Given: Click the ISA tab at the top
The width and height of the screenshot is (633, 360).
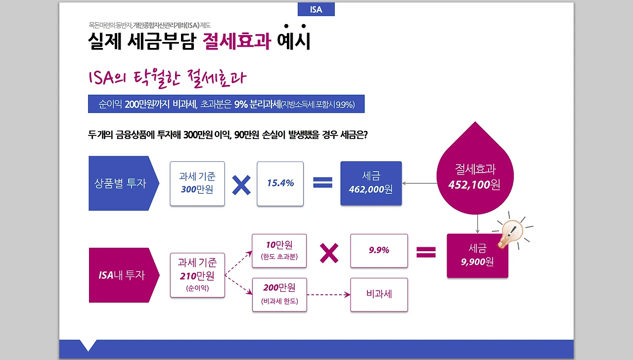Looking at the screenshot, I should click(316, 9).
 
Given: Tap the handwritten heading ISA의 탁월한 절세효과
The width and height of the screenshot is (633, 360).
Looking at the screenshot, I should click(167, 78).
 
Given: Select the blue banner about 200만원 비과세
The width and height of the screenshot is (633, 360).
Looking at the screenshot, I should click(226, 104).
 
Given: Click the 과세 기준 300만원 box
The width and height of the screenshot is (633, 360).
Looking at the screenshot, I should click(197, 183).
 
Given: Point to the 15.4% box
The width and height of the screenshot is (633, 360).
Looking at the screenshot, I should click(280, 183).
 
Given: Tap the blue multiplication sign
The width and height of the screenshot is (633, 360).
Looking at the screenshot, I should click(241, 183).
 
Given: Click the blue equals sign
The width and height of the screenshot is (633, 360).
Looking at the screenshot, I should click(322, 183).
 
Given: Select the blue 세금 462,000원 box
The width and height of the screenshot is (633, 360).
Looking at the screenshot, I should click(371, 183).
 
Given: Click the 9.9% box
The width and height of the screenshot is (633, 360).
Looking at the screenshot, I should click(379, 251).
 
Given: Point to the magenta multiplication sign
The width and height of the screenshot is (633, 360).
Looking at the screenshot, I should click(329, 253).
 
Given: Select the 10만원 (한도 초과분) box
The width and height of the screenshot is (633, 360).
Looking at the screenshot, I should click(279, 251).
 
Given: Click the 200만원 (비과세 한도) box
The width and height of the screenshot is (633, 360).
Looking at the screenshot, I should click(279, 295).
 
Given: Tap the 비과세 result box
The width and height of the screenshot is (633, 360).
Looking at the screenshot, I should click(379, 295).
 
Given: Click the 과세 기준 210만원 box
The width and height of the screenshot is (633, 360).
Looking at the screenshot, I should click(197, 275).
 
